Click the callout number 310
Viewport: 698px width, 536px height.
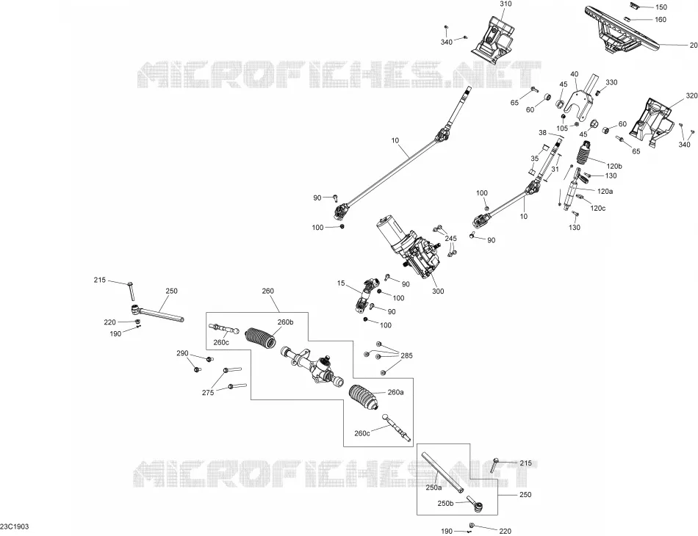[x=505, y=4]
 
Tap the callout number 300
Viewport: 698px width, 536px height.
[x=438, y=291]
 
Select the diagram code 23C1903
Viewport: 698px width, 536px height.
[x=15, y=526]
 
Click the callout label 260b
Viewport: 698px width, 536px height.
[x=286, y=322]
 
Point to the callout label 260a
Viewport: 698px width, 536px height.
[x=396, y=392]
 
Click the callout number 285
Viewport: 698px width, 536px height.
[x=406, y=355]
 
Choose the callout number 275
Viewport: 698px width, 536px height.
[x=208, y=392]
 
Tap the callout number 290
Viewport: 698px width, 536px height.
[x=182, y=354]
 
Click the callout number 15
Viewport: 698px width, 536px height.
[x=341, y=283]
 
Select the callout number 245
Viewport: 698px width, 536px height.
[x=451, y=239]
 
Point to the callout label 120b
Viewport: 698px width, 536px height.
[x=614, y=167]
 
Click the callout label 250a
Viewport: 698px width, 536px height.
[x=434, y=488]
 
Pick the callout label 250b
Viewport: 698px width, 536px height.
[x=445, y=504]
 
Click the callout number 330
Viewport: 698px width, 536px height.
[x=611, y=82]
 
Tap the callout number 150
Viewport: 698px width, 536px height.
[x=661, y=7]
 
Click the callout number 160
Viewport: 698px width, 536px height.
[x=661, y=20]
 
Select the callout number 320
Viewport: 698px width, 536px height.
[x=692, y=95]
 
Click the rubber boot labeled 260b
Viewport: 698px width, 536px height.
[x=262, y=339]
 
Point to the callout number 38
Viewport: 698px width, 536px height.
[x=542, y=133]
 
